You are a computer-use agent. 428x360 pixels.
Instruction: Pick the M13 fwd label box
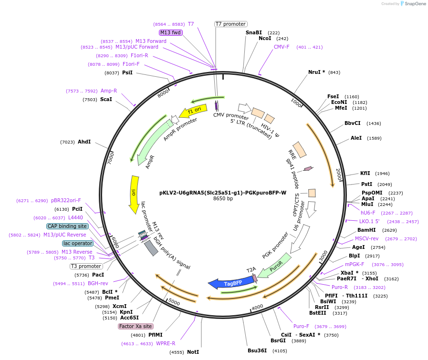(170, 32)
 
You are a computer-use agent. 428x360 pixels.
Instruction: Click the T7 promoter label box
(230, 24)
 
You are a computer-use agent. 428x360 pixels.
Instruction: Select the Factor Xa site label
(136, 327)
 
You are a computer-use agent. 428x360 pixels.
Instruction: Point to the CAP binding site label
(67, 226)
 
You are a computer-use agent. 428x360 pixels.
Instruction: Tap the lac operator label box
(78, 243)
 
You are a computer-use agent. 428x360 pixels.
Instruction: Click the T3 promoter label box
(86, 266)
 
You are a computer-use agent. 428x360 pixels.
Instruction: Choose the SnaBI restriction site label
(254, 32)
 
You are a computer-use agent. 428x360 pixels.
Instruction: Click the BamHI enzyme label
(366, 230)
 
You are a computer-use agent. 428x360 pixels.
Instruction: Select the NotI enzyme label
(193, 352)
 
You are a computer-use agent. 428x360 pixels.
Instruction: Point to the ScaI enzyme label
(106, 99)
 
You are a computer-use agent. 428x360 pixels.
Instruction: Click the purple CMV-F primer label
(282, 47)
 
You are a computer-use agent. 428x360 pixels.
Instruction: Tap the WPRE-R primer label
(166, 343)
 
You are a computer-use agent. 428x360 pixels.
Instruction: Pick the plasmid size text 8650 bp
(223, 199)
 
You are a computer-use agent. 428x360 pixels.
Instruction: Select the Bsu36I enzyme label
(257, 350)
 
